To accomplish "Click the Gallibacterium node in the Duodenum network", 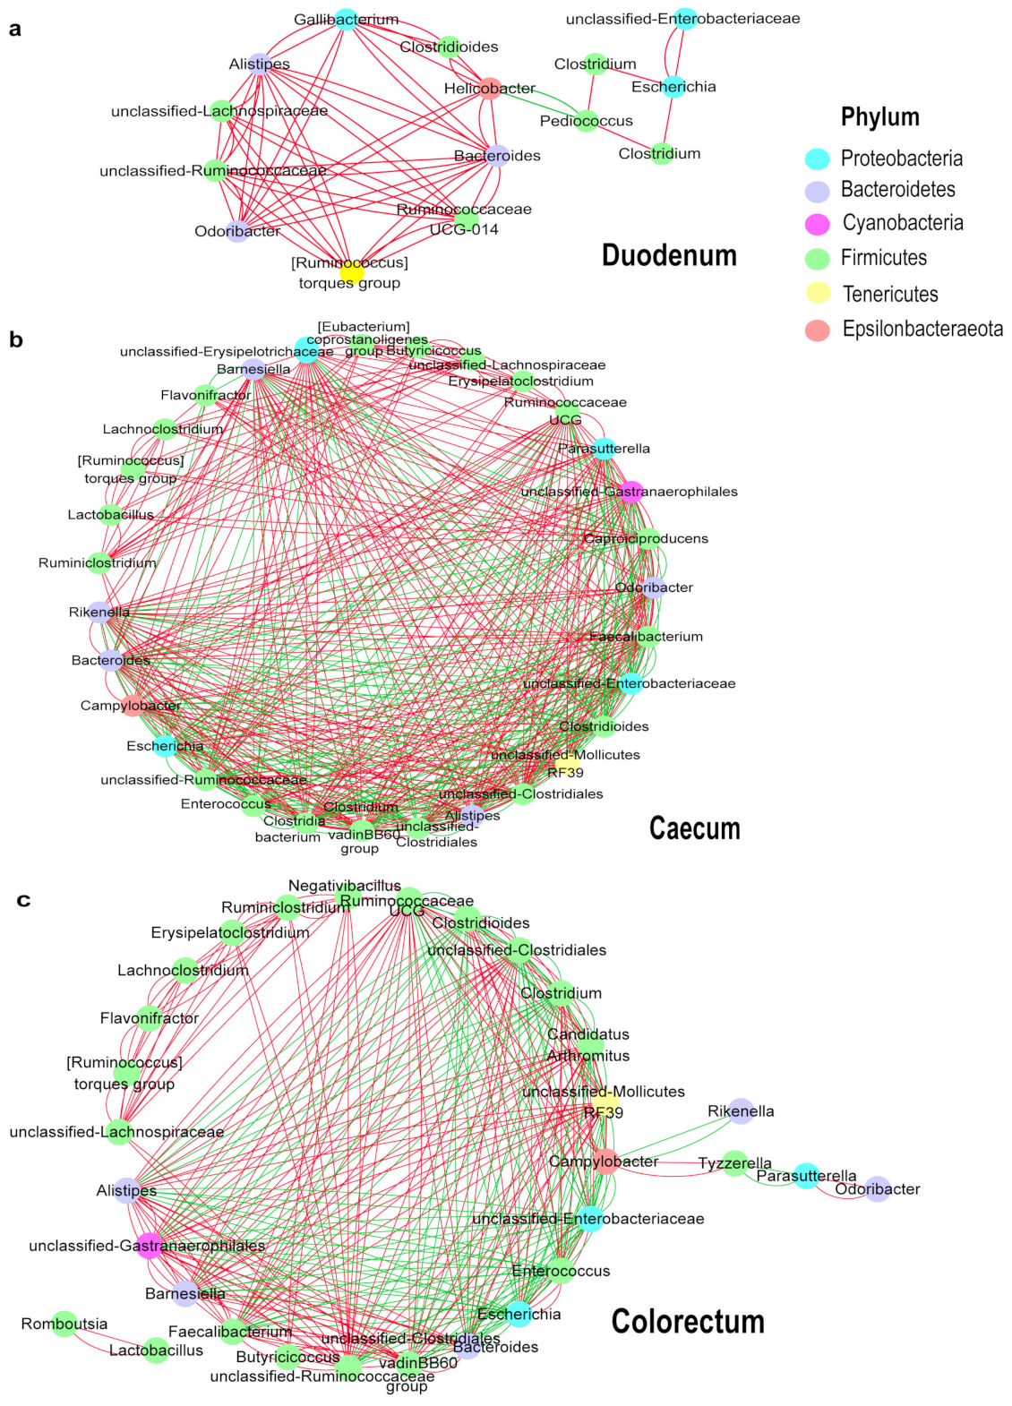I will (347, 20).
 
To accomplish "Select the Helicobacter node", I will (490, 88).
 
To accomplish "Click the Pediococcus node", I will (586, 121).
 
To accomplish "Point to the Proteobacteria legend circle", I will (817, 159).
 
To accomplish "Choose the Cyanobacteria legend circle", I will (817, 224).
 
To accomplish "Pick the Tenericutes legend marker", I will (818, 293).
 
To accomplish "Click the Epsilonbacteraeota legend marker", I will (817, 330).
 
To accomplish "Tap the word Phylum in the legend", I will (879, 117).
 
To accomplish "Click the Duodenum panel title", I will (669, 255).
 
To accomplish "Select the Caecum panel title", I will (694, 828).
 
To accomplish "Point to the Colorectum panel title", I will (688, 1322).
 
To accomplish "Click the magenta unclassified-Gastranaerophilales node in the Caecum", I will (631, 491).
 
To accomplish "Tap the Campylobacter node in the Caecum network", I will (132, 706).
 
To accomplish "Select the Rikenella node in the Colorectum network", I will (741, 1111).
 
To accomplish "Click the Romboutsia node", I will (64, 1325).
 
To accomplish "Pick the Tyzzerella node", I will (734, 1163).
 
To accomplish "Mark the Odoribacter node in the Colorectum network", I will (878, 1189).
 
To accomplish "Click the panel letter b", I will (15, 340).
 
